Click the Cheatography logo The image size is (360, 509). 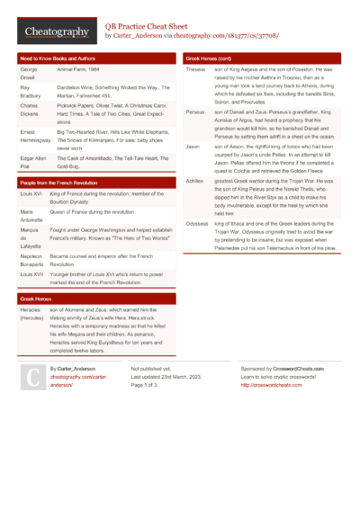click(56, 31)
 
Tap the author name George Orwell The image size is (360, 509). click(29, 73)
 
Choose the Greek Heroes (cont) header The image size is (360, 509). click(209, 58)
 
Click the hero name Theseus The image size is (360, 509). click(195, 69)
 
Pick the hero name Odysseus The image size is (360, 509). click(197, 222)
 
